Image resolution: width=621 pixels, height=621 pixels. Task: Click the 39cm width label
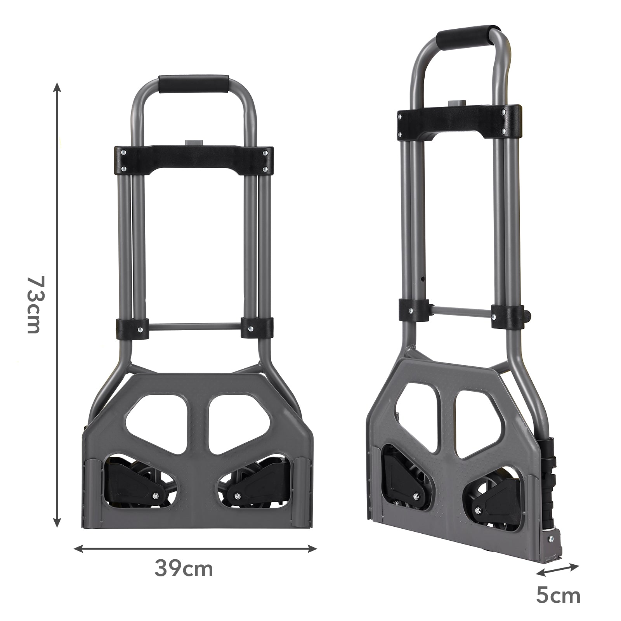click(x=184, y=569)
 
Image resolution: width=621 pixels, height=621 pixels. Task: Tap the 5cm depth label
click(x=559, y=595)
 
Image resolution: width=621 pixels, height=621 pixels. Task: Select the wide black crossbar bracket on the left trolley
click(x=193, y=160)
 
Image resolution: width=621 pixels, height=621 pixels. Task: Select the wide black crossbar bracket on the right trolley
click(x=458, y=123)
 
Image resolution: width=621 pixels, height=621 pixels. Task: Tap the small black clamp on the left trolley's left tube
click(x=133, y=327)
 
